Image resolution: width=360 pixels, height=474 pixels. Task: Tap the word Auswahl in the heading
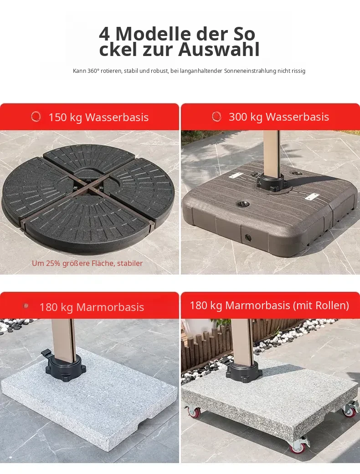coord(219,49)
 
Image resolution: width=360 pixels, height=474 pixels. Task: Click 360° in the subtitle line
coord(93,71)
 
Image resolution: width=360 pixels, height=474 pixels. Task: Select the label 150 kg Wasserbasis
coord(98,117)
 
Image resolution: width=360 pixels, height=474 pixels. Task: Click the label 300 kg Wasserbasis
coord(278,117)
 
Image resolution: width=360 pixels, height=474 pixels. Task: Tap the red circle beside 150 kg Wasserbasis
coord(36,117)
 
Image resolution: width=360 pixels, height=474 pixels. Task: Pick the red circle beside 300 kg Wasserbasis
coord(216,117)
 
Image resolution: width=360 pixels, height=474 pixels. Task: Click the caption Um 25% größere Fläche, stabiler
coord(87,263)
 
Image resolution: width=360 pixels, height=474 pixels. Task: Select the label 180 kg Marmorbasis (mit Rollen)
coord(269,306)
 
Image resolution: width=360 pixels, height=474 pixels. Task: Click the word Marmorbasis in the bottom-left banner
coord(110,307)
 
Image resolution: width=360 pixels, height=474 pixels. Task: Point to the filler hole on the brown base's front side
coord(248,238)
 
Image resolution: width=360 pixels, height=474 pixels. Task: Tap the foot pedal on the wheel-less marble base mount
coord(46,352)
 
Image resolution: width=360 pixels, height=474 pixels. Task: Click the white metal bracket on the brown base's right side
coord(311,197)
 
